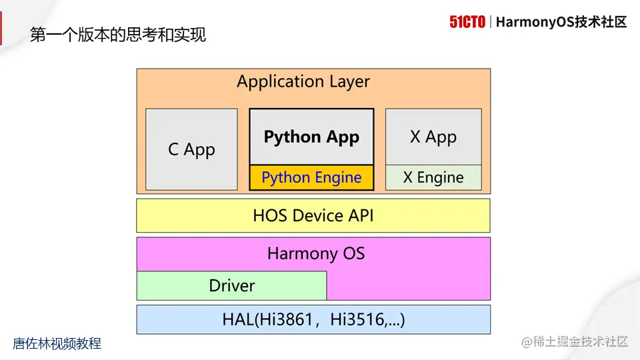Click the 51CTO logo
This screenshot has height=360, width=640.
pyautogui.click(x=467, y=22)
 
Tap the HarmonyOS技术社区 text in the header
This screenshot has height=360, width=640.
pyautogui.click(x=562, y=22)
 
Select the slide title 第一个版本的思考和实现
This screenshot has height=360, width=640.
pyautogui.click(x=118, y=35)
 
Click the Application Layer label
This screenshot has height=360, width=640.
pyautogui.click(x=303, y=82)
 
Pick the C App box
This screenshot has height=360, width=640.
pyautogui.click(x=191, y=149)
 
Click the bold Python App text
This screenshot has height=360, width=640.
pyautogui.click(x=311, y=137)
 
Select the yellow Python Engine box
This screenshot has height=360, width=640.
pyautogui.click(x=311, y=177)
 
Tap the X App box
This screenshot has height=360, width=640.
pyautogui.click(x=433, y=137)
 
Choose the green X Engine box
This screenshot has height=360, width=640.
pyautogui.click(x=433, y=177)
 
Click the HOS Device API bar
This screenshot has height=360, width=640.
pyautogui.click(x=313, y=215)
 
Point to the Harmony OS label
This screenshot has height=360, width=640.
pyautogui.click(x=316, y=253)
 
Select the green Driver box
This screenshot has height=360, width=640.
pyautogui.click(x=231, y=285)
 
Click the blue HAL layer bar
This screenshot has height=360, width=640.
pyautogui.click(x=313, y=319)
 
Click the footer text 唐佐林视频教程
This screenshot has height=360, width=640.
pyautogui.click(x=57, y=344)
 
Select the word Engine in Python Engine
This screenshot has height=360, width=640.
pyautogui.click(x=338, y=178)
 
